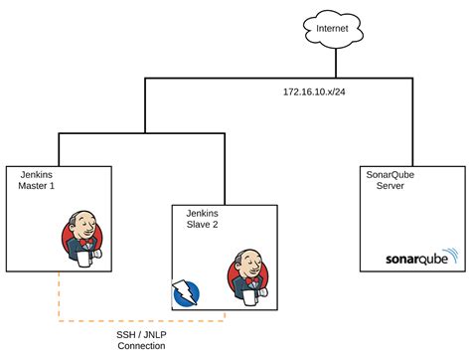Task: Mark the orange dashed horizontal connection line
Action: tap(139, 320)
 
